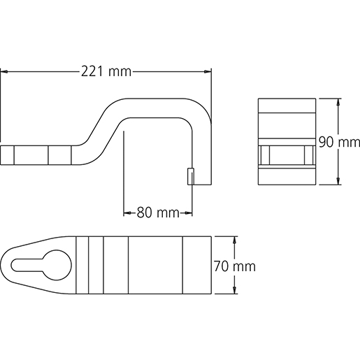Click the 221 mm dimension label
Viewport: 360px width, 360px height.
106,71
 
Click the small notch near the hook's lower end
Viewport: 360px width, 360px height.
190,176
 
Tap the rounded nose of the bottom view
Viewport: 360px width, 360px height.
8,266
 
